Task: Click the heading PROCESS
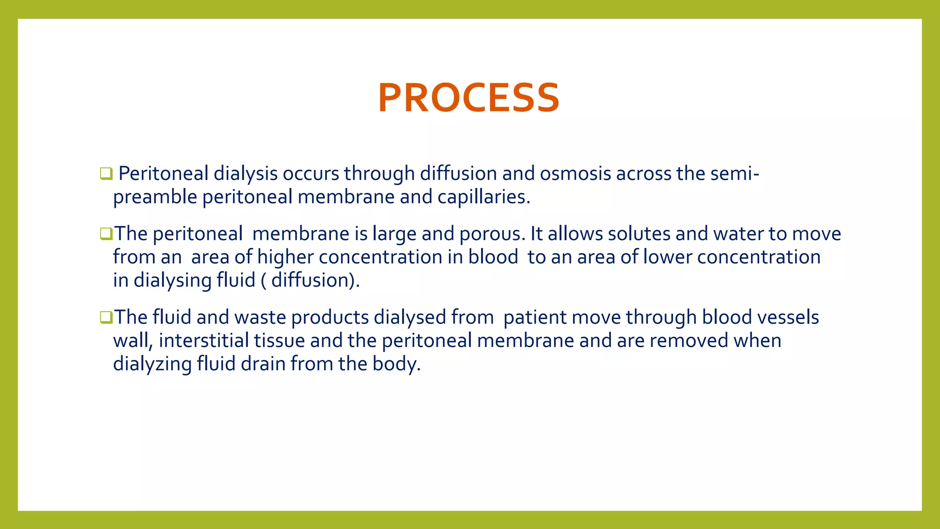coord(469,98)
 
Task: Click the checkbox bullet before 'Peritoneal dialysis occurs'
coord(106,174)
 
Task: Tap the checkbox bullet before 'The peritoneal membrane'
coord(106,234)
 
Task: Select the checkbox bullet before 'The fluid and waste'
coord(106,317)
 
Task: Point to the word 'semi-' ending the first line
coord(734,174)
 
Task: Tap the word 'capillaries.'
coord(483,197)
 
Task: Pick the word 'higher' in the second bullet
coord(285,257)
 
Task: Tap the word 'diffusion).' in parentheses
coord(315,280)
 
